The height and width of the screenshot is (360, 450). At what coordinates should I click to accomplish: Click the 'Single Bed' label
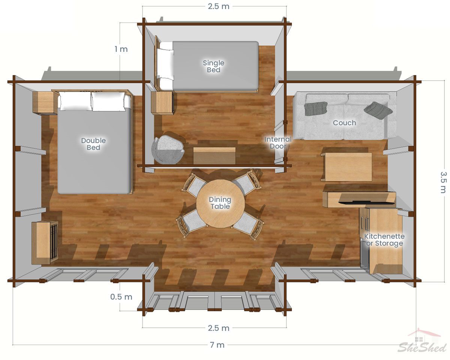pos(213,66)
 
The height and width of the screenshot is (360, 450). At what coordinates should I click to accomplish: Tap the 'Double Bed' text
pos(93,144)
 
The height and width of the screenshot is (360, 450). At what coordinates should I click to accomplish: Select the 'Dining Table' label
pos(220,203)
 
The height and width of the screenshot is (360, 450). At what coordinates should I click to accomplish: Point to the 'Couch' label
pos(344,123)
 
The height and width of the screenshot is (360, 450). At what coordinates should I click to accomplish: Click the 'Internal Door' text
pos(278,142)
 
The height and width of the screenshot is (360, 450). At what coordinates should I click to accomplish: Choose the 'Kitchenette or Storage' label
pos(384,240)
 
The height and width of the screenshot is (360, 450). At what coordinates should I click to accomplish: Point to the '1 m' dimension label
pos(121,49)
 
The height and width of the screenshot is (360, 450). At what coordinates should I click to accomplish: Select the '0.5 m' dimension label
pos(121,297)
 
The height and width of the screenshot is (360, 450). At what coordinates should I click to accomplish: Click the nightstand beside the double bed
pos(45,103)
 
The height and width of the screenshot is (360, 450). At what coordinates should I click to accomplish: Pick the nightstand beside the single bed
pos(162,103)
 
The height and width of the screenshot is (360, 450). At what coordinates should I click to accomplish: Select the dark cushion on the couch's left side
pos(316,108)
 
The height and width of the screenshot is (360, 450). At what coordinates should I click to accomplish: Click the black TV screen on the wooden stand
pos(366,202)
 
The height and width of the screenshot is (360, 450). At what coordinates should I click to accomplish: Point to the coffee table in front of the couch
pos(347,167)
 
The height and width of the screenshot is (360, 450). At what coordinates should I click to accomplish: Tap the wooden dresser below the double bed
pos(45,243)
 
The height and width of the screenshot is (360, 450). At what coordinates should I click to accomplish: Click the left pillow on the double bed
pos(75,101)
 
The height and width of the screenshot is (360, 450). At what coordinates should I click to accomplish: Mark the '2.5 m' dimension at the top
pos(219,6)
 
